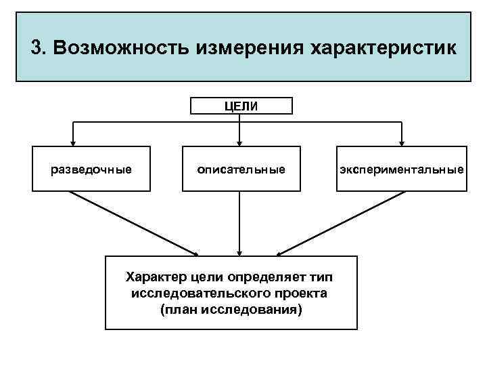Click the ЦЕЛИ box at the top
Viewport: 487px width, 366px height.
(241, 105)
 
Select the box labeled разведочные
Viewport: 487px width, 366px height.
(91, 169)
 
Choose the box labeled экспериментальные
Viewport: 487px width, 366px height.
(402, 169)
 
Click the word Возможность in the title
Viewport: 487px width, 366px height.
(122, 49)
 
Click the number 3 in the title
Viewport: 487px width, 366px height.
(37, 49)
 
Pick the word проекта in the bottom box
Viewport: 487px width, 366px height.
(302, 293)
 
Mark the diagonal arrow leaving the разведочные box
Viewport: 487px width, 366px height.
(132, 222)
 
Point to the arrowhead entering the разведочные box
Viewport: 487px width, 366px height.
(75, 143)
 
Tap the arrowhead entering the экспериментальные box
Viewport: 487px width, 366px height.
(402, 143)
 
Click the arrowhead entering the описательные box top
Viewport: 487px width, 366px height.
(239, 143)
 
